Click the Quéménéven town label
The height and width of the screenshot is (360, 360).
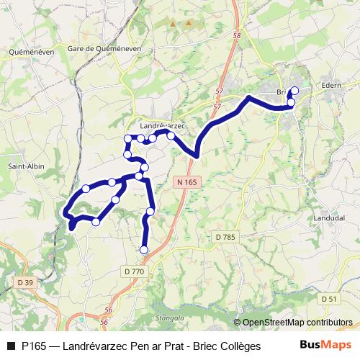(x=31, y=52)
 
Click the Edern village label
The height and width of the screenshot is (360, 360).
(x=332, y=84)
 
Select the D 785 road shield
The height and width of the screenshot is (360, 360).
(x=225, y=236)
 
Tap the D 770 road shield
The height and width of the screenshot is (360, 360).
(x=135, y=271)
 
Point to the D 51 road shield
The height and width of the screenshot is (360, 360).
(x=329, y=298)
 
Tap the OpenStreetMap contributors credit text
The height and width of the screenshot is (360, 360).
(x=297, y=323)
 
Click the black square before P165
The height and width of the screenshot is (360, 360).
(x=11, y=346)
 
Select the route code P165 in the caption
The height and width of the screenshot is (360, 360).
(x=35, y=346)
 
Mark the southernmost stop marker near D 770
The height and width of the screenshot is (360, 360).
(x=144, y=250)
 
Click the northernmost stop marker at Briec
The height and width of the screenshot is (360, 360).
(x=294, y=90)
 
